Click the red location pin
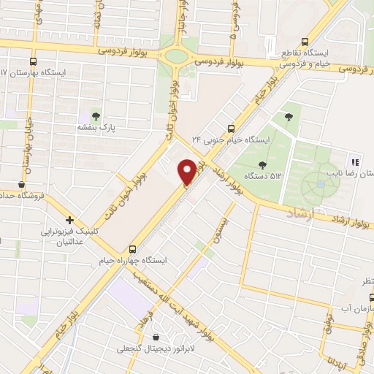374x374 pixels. tap(187, 172)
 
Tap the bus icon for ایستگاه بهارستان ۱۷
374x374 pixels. tap(33, 62)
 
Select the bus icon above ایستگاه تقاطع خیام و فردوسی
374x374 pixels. tap(305, 42)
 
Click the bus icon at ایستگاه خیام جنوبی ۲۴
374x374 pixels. tap(231, 127)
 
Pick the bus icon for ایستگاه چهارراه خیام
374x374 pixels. tap(132, 248)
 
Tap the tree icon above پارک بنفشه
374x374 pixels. tap(96, 115)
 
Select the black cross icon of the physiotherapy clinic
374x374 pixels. tap(70, 219)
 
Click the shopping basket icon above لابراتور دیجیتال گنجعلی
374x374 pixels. tap(156, 337)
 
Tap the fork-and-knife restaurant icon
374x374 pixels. tap(355, 162)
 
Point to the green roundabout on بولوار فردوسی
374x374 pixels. tap(176, 55)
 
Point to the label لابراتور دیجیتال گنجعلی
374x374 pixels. tap(157, 349)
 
